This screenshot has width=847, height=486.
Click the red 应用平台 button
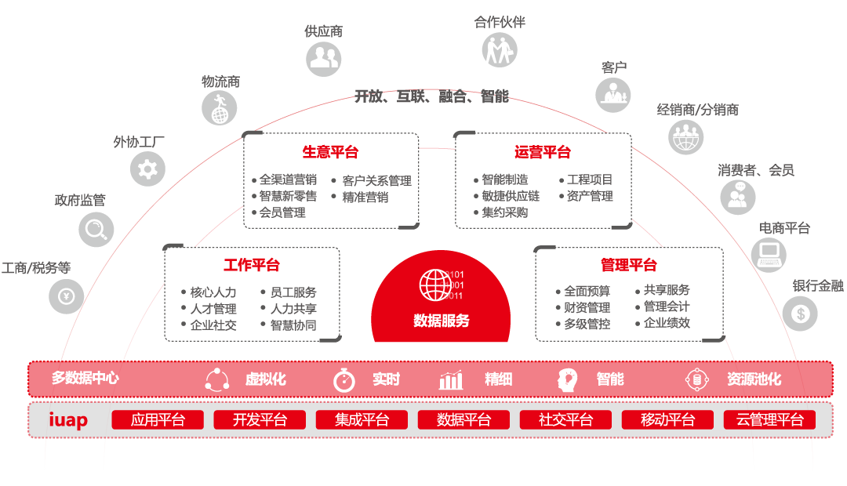point(158,420)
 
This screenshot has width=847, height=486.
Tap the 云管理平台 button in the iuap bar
point(769,420)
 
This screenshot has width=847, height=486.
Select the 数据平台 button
point(463,420)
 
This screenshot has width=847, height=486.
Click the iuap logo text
point(68,420)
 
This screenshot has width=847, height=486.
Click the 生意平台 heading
point(330,152)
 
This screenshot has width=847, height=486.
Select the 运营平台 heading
point(543,152)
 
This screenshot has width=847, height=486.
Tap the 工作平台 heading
point(252,266)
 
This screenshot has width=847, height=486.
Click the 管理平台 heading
point(629,265)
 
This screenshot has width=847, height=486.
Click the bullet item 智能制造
point(504,180)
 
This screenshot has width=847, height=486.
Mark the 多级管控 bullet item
point(587,324)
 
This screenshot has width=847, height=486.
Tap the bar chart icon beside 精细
point(451,380)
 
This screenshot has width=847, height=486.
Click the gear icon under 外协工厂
point(147,168)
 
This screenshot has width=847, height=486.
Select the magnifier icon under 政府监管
point(96,229)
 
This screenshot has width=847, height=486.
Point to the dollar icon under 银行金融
point(800,314)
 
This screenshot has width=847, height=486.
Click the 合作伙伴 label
point(500,22)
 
